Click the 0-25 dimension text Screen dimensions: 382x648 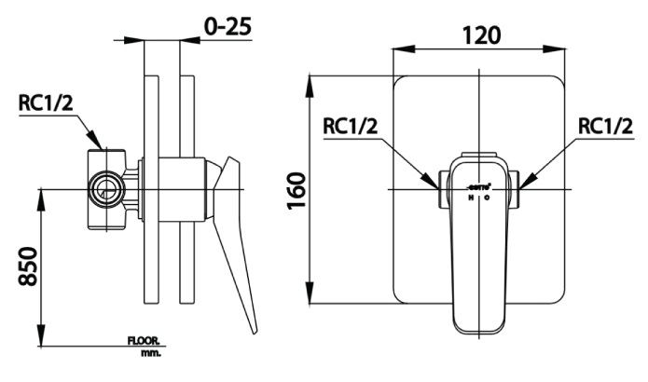[227, 27]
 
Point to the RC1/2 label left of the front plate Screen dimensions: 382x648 [351, 125]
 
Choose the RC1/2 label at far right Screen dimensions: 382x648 [605, 125]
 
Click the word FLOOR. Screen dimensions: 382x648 [144, 342]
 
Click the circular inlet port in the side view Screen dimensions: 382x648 [105, 190]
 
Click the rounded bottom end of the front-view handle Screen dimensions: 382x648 [477, 327]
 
